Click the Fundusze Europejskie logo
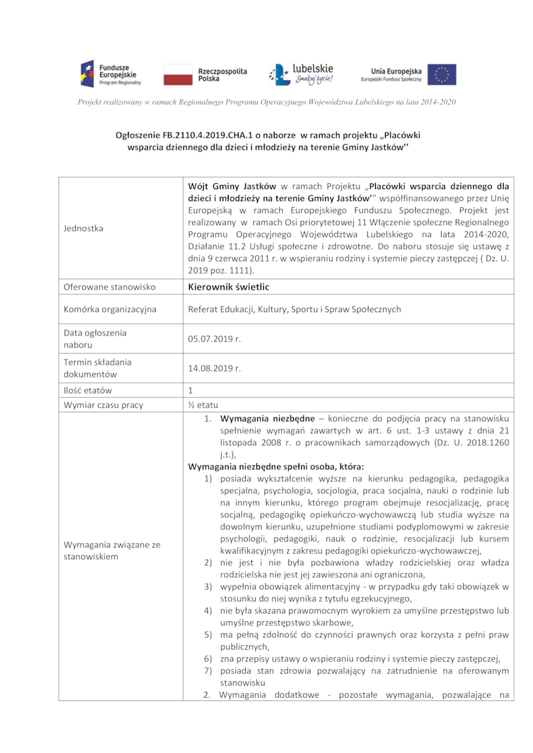click(110, 73)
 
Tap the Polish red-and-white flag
click(177, 75)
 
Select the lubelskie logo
click(300, 74)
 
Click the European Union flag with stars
click(442, 75)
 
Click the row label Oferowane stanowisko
click(109, 287)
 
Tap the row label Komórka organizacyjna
click(110, 309)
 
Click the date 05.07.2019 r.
click(214, 338)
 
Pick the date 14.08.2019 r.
click(214, 368)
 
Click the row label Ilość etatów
click(88, 390)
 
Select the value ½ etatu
click(203, 405)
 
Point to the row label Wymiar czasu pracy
click(103, 405)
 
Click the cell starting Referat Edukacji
click(294, 309)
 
